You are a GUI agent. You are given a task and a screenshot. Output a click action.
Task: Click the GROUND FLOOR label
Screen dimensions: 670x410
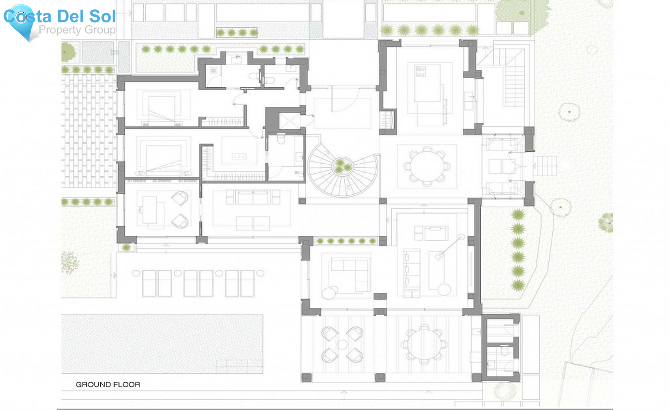point(108,384)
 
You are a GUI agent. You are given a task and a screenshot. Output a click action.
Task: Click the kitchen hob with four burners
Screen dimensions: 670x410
point(421,72)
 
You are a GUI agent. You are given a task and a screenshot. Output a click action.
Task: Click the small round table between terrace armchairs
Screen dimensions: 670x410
point(342,344)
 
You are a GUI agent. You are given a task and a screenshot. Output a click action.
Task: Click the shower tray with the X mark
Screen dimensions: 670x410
point(289,121)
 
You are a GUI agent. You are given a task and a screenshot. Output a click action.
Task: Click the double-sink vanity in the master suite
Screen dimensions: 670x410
point(239,157)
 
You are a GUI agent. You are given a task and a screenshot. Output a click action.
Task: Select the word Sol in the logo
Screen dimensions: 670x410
point(102,16)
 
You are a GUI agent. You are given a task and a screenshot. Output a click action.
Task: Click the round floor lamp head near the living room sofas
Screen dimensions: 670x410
point(461,237)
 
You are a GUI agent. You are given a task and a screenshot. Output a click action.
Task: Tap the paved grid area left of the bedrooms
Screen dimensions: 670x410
point(89,130)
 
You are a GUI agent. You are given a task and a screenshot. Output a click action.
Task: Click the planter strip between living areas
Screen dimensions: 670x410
point(346,241)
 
